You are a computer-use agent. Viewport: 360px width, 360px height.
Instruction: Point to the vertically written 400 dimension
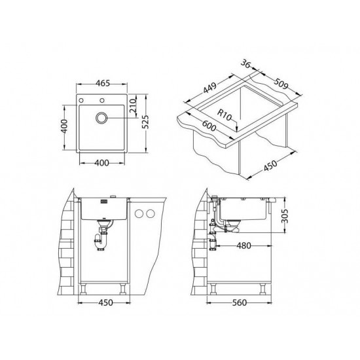click(63, 126)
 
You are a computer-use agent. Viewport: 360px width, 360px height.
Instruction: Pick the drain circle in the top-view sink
click(101, 118)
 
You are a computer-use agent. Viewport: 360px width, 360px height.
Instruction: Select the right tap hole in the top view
click(102, 99)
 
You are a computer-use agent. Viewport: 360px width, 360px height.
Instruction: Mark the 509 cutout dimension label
click(280, 84)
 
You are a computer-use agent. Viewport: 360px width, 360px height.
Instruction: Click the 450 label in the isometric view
click(270, 166)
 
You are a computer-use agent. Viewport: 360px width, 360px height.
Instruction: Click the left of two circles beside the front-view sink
click(138, 214)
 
